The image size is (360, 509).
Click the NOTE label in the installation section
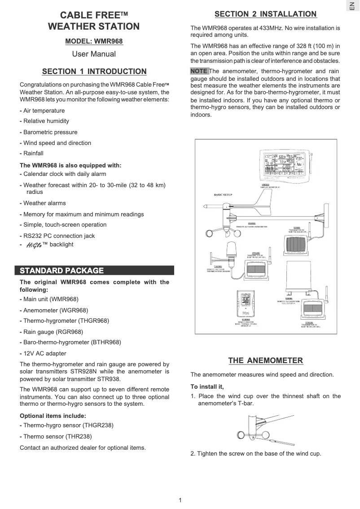[x=199, y=71]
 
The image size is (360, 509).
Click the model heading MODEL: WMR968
[x=94, y=41]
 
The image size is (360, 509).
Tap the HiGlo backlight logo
[x=34, y=245]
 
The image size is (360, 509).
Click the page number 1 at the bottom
[x=180, y=500]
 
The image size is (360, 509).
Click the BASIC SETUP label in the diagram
[x=223, y=195]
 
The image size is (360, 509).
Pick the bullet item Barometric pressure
[x=50, y=132]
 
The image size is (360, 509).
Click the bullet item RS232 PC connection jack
[x=59, y=236]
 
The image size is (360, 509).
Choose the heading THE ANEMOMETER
[x=265, y=360]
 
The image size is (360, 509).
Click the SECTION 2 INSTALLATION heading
[x=265, y=14]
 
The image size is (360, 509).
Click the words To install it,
[x=207, y=386]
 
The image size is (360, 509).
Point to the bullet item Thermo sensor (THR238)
[x=57, y=436]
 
